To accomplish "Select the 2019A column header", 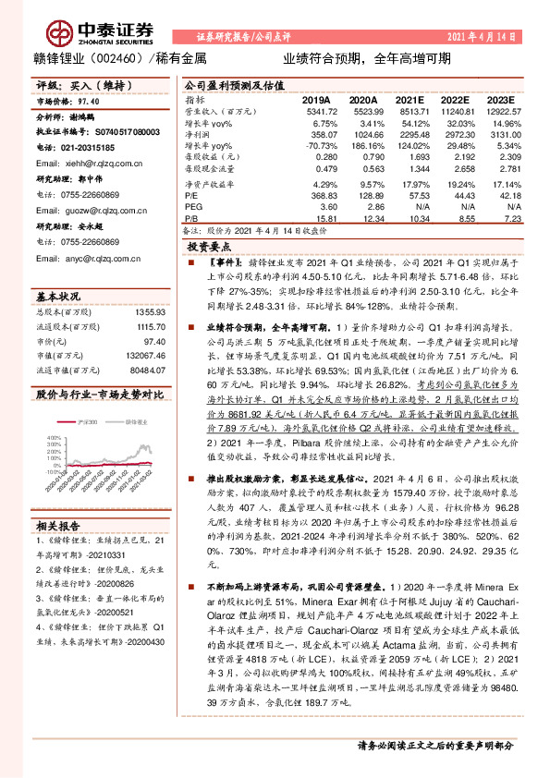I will (x=315, y=99).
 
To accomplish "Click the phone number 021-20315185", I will (x=95, y=146).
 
